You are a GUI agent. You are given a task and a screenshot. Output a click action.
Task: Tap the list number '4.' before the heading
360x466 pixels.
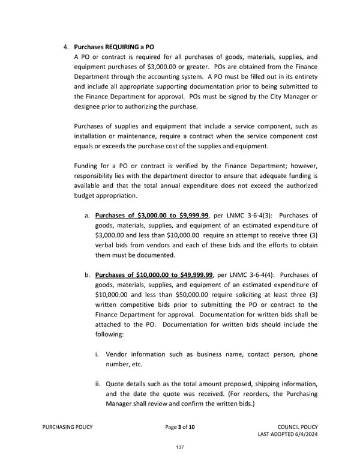(x=67, y=46)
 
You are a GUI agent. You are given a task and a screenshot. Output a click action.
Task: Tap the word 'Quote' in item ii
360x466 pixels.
(x=116, y=384)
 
